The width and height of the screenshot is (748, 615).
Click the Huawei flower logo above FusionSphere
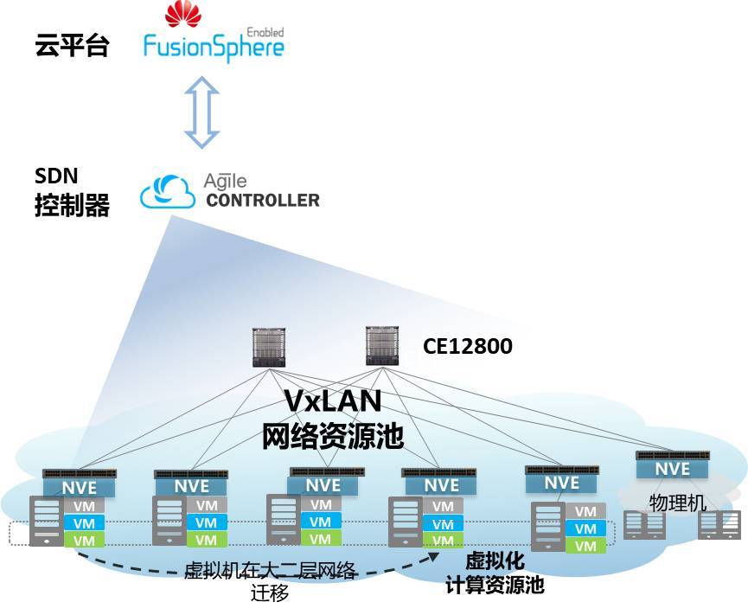pos(182,15)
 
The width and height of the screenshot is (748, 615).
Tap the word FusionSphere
pos(213,46)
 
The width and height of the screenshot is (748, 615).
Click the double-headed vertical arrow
pos(202,112)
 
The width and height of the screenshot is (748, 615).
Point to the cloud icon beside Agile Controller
pos(168,191)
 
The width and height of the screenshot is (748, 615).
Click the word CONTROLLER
pos(262,201)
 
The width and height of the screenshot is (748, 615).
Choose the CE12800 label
pos(467,347)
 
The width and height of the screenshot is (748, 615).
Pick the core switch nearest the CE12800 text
pos(385,346)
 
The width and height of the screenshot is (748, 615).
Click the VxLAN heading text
pos(334,403)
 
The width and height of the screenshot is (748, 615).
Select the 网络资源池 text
pos(333,437)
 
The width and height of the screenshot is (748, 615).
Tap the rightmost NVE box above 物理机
pos(672,468)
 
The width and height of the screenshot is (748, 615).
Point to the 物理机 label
pos(678,503)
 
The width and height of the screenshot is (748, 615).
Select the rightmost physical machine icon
pos(720,524)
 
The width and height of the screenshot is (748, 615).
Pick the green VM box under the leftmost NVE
pos(84,540)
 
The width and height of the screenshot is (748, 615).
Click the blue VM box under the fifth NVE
pos(585,529)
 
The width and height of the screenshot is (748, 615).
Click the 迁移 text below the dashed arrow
pos(270,594)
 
